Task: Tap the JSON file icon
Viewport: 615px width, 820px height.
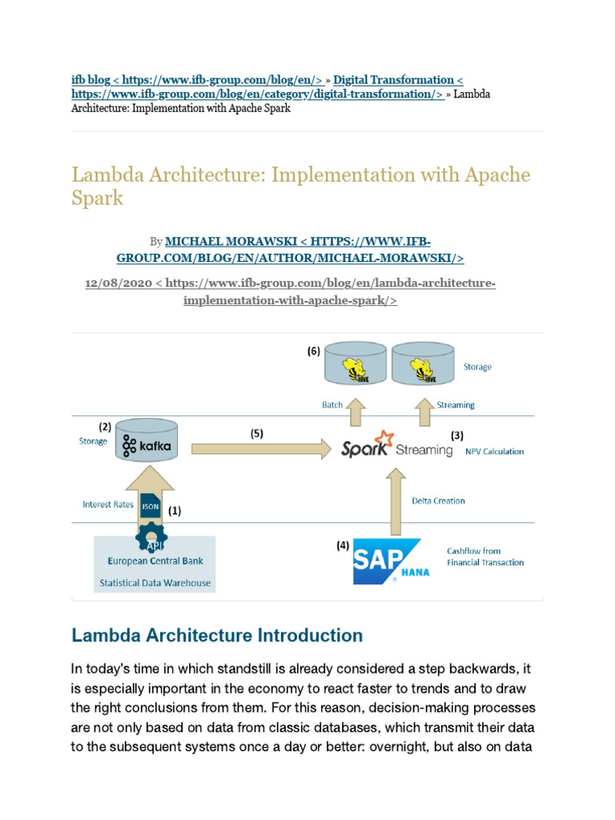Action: [x=151, y=506]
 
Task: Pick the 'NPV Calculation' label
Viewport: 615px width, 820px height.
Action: [x=494, y=452]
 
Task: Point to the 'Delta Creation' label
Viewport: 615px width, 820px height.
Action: [x=438, y=500]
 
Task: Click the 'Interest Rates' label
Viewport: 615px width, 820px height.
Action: [x=107, y=504]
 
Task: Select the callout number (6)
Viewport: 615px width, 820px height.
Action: [x=313, y=352]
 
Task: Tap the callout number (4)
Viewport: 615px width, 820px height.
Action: [x=342, y=546]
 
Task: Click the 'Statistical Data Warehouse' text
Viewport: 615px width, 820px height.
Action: [x=155, y=582]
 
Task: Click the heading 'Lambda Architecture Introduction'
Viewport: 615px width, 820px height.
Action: [x=217, y=636]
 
